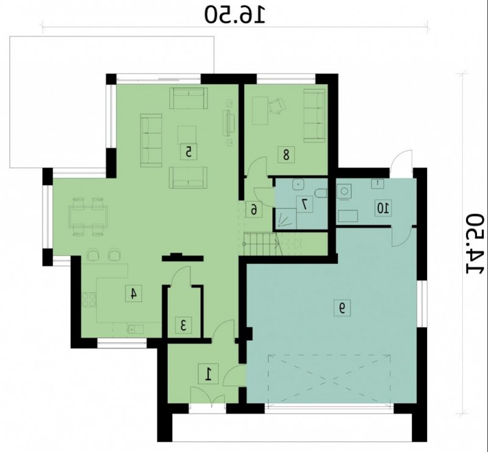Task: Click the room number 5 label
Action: (188, 152)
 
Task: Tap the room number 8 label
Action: (286, 154)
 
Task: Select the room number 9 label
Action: (342, 308)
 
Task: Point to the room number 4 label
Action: (134, 293)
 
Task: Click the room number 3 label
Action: (184, 325)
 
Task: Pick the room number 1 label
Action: (209, 373)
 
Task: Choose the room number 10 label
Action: (383, 207)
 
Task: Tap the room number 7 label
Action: (304, 204)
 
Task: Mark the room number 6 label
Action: (254, 209)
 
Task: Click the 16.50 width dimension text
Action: (235, 15)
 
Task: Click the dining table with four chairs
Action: (88, 217)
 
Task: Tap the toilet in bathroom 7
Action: (321, 193)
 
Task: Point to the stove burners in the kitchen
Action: (89, 300)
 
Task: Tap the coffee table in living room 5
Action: (187, 135)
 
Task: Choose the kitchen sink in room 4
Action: (135, 329)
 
